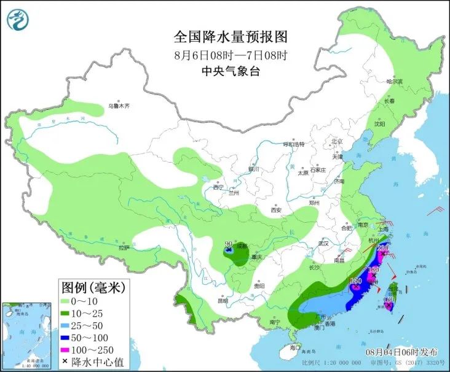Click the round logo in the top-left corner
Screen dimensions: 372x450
coord(18,20)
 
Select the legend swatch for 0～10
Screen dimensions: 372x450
coord(67,302)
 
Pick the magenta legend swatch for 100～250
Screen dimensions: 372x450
coord(67,349)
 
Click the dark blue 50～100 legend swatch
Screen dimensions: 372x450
coord(67,337)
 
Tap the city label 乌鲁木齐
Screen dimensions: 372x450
coord(119,106)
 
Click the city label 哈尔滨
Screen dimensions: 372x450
coord(393,81)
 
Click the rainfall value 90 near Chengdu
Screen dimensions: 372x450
coord(228,244)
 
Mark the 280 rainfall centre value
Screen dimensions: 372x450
coord(383,248)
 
